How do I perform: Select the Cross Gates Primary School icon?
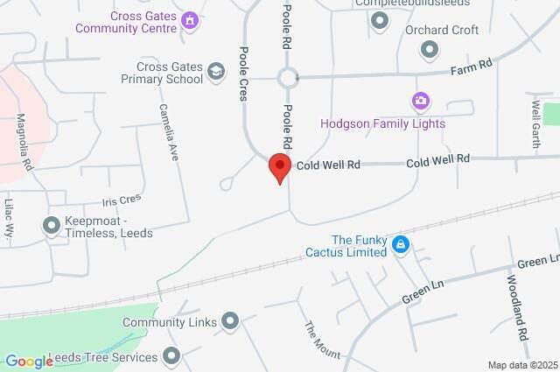(x=215, y=72)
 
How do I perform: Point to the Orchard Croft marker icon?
(x=429, y=51)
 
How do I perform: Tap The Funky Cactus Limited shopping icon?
(x=401, y=244)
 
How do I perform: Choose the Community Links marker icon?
(x=230, y=322)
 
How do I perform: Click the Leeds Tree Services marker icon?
(x=171, y=356)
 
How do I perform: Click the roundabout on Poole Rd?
(x=288, y=79)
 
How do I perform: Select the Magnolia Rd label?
(x=25, y=140)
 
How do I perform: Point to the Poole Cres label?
(x=243, y=74)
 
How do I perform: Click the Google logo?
(x=29, y=361)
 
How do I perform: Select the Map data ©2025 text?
(x=521, y=365)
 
